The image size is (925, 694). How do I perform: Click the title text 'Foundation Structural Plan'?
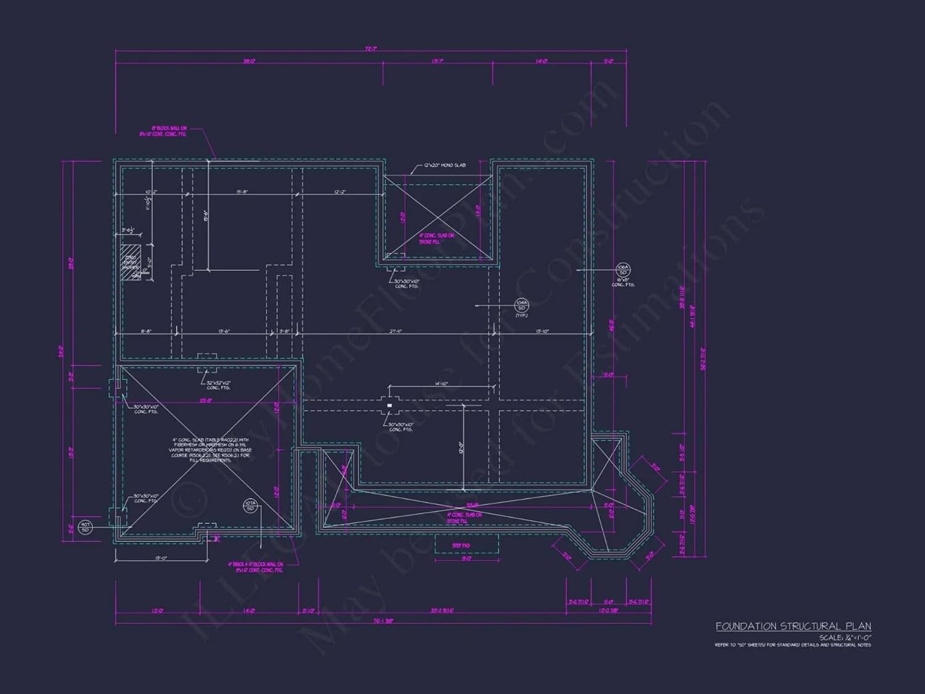tap(793, 626)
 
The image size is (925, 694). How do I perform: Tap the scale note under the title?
tap(844, 637)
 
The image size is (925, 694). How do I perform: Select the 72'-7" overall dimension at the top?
tap(371, 49)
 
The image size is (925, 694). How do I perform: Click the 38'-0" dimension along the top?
tap(249, 61)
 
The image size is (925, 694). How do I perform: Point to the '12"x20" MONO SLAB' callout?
tap(445, 165)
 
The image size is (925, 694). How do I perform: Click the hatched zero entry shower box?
tap(130, 263)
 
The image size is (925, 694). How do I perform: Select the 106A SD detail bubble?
tap(622, 270)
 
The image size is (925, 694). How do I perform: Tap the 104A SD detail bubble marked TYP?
tap(522, 305)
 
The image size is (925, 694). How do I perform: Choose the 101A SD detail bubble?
tap(250, 506)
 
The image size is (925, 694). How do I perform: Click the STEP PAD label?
tap(461, 545)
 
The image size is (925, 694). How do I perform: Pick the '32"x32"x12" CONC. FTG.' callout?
tap(218, 385)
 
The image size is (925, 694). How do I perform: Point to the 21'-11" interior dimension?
tap(396, 331)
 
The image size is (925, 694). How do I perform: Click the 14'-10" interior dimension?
tap(442, 384)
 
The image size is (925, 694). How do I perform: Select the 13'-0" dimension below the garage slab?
tap(161, 558)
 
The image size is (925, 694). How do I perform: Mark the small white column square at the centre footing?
tap(389, 405)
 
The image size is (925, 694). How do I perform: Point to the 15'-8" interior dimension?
tap(242, 192)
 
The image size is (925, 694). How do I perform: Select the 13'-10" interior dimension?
tap(542, 331)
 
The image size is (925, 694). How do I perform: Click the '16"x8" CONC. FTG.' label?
tap(623, 282)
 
